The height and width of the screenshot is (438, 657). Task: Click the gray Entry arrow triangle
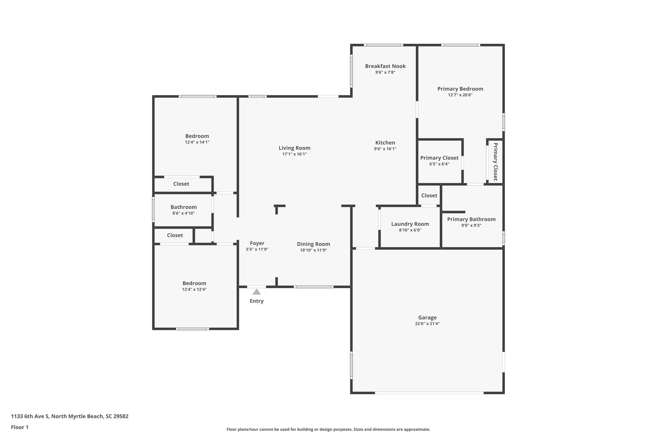pyautogui.click(x=257, y=292)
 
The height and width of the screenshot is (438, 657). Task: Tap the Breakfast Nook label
pyautogui.click(x=385, y=66)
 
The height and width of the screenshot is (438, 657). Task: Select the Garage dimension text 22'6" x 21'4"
pyautogui.click(x=427, y=324)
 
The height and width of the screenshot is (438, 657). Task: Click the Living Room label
pyautogui.click(x=294, y=148)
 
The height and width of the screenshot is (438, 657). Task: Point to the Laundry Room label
pyautogui.click(x=410, y=224)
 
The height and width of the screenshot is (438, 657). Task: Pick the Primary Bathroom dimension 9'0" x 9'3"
pyautogui.click(x=471, y=225)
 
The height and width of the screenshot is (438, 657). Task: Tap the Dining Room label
pyautogui.click(x=313, y=244)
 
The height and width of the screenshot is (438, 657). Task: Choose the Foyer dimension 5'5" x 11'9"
pyautogui.click(x=257, y=249)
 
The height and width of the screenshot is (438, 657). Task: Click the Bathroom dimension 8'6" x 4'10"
pyautogui.click(x=184, y=213)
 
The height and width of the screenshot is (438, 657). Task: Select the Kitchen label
pyautogui.click(x=385, y=143)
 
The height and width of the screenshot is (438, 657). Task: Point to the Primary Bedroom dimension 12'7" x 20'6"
pyautogui.click(x=460, y=95)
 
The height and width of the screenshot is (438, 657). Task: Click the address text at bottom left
pyautogui.click(x=70, y=416)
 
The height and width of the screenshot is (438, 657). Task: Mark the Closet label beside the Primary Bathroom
pyautogui.click(x=429, y=196)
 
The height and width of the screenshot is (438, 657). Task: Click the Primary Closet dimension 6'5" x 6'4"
pyautogui.click(x=439, y=164)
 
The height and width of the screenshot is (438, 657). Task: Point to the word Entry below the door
pyautogui.click(x=257, y=301)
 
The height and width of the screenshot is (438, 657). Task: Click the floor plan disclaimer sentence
pyautogui.click(x=328, y=429)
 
